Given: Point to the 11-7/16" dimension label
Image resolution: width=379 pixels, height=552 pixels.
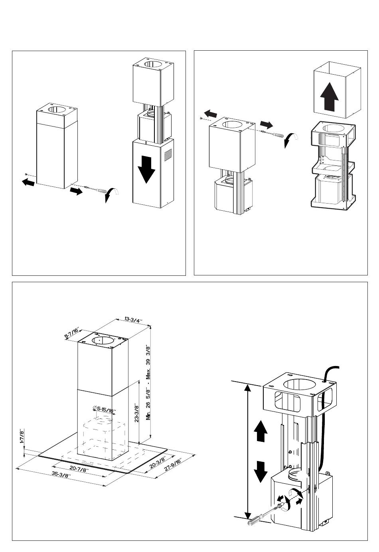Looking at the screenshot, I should pos(72,333).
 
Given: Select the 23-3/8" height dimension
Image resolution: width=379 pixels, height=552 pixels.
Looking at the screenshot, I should pos(136,413).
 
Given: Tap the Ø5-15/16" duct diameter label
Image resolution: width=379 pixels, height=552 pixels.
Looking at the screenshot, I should pos(105,409).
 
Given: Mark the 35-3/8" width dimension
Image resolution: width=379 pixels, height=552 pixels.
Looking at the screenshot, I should pos(61,475).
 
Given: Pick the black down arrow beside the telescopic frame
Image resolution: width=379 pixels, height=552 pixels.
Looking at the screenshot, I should pos(260,471).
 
